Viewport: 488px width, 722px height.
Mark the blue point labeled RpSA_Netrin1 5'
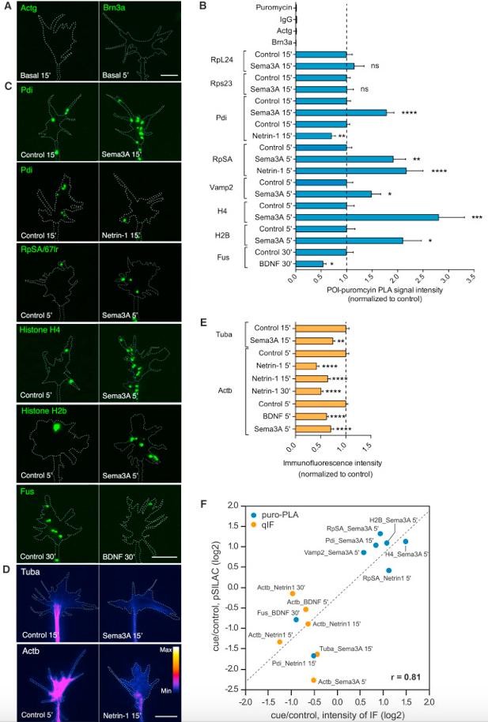[388, 570]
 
